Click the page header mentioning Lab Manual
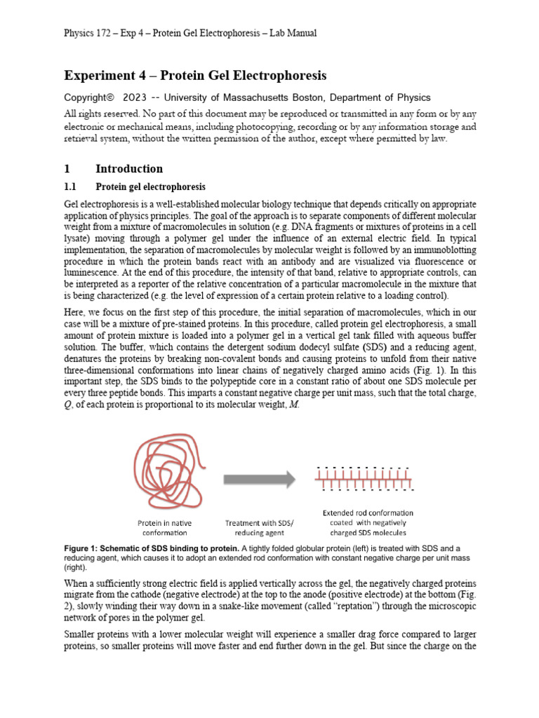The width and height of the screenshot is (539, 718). pos(190,33)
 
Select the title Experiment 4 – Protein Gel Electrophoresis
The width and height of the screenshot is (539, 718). pos(195,75)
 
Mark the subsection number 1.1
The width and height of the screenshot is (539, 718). pos(72,187)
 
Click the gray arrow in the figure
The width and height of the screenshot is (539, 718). pos(259,480)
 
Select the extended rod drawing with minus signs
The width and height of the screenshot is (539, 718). pos(364,478)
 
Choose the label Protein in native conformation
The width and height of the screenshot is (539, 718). pos(165,528)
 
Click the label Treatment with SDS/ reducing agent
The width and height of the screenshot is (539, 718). pos(260,528)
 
